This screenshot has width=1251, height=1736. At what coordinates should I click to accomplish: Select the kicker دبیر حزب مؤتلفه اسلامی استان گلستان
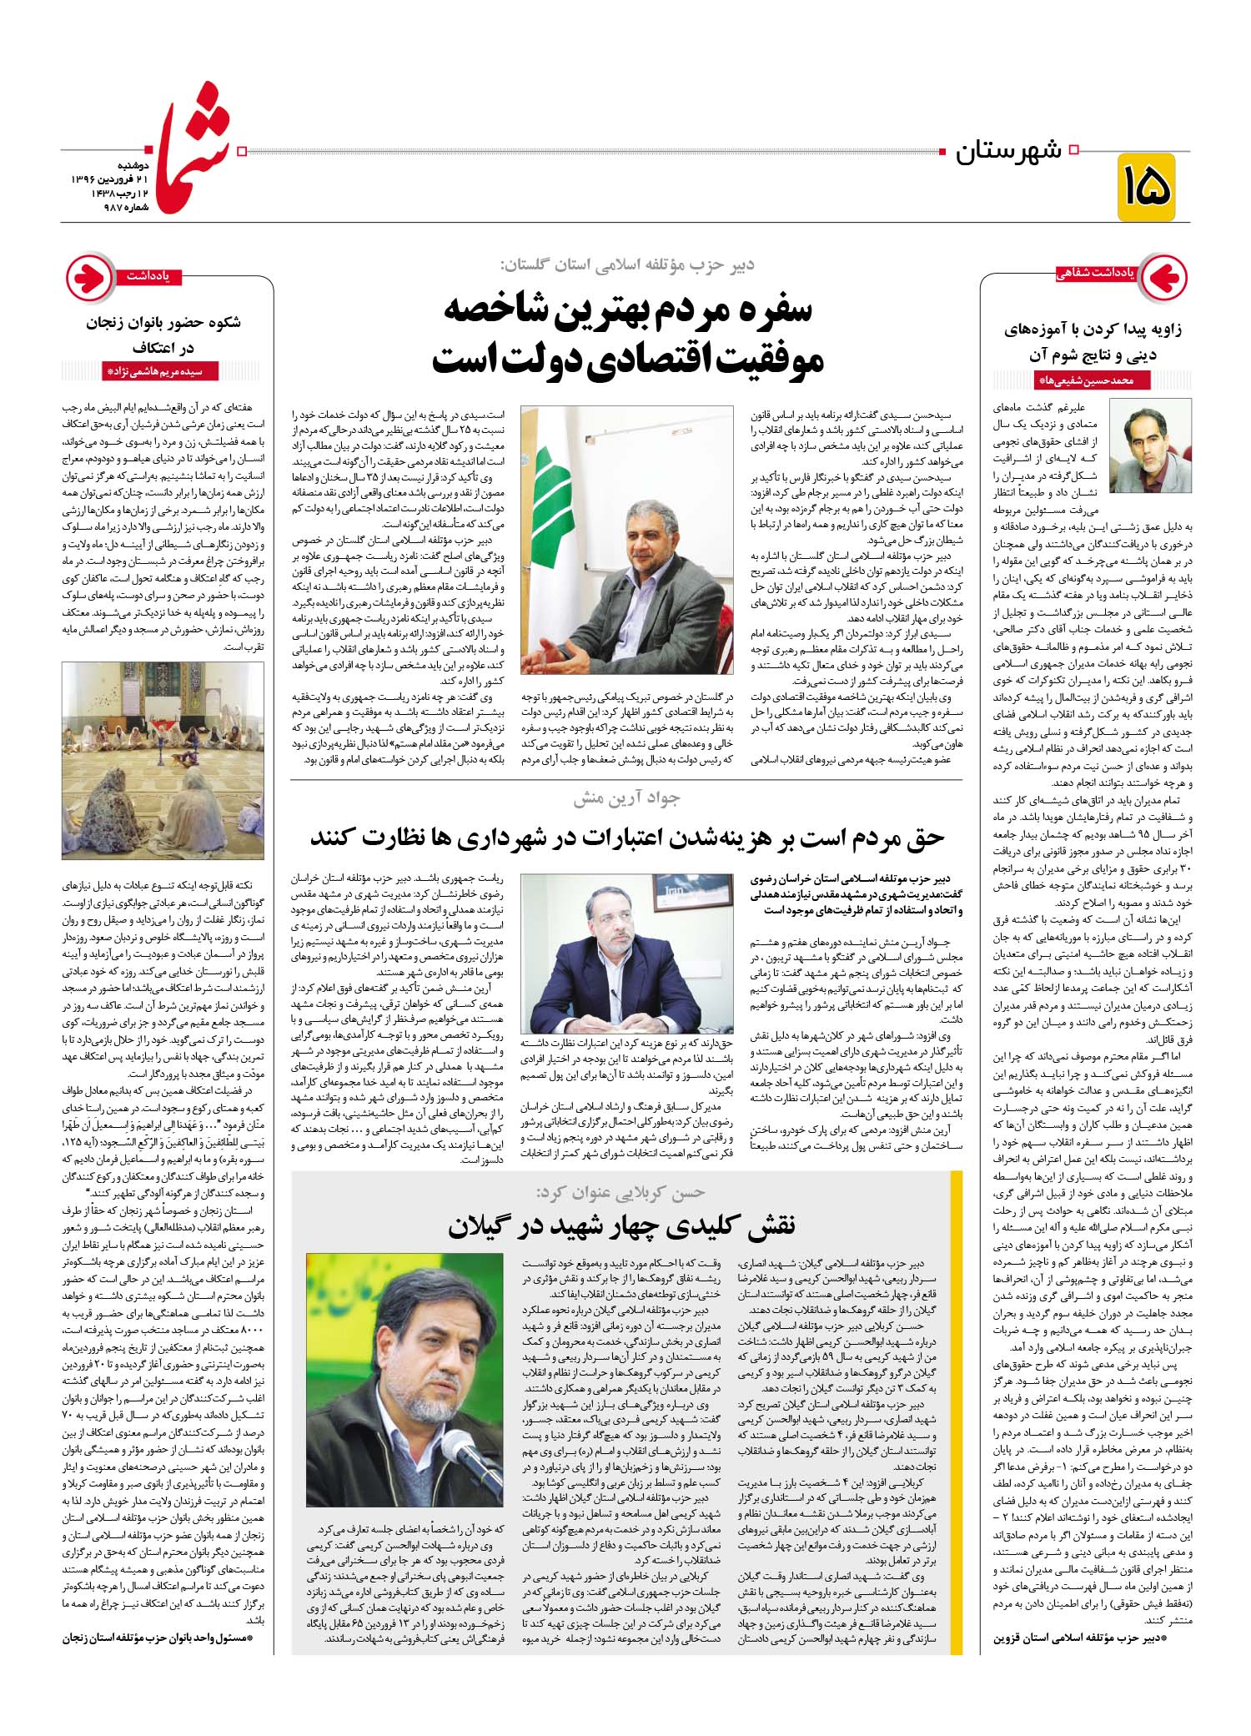click(x=626, y=264)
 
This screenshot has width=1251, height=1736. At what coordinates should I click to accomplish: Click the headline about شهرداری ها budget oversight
click(x=626, y=838)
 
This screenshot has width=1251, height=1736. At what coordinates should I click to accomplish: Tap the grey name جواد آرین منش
click(x=626, y=798)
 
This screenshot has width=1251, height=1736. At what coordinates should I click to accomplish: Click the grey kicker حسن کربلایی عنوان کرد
click(x=621, y=1193)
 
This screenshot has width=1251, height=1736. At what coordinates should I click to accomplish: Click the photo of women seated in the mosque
click(x=163, y=760)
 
